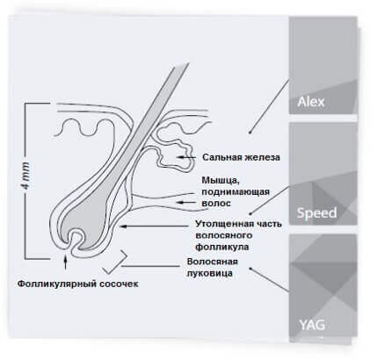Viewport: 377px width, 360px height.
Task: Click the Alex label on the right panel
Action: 311,102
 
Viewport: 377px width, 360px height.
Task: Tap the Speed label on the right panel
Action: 316,212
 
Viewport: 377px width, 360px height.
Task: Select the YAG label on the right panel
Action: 312,325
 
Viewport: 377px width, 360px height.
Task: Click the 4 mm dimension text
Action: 26,176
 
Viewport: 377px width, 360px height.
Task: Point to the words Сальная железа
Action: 241,157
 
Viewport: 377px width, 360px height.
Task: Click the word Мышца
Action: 221,180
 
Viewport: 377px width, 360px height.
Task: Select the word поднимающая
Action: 236,192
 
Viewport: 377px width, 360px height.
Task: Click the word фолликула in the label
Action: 222,247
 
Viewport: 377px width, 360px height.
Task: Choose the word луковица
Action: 210,273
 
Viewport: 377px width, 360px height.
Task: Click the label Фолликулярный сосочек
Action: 77,284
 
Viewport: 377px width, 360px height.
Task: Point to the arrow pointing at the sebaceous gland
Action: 186,157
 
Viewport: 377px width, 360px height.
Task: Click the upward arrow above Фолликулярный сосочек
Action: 65,263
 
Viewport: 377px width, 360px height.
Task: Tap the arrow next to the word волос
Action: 186,202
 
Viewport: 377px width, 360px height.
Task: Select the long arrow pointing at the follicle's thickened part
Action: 154,226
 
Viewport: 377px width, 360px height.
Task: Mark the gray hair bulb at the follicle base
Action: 85,227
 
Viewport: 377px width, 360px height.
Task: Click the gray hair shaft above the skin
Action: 167,88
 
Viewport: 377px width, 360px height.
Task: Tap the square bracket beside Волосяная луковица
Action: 115,263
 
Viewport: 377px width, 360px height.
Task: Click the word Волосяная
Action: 212,262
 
